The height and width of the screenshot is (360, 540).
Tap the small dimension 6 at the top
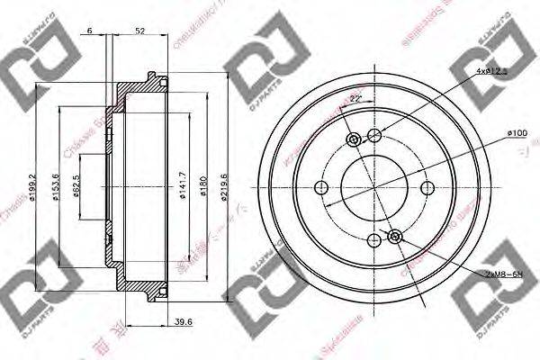tap(92, 32)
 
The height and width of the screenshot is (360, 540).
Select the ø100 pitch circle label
tap(517, 133)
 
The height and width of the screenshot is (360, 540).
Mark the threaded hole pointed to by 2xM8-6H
tap(394, 236)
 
